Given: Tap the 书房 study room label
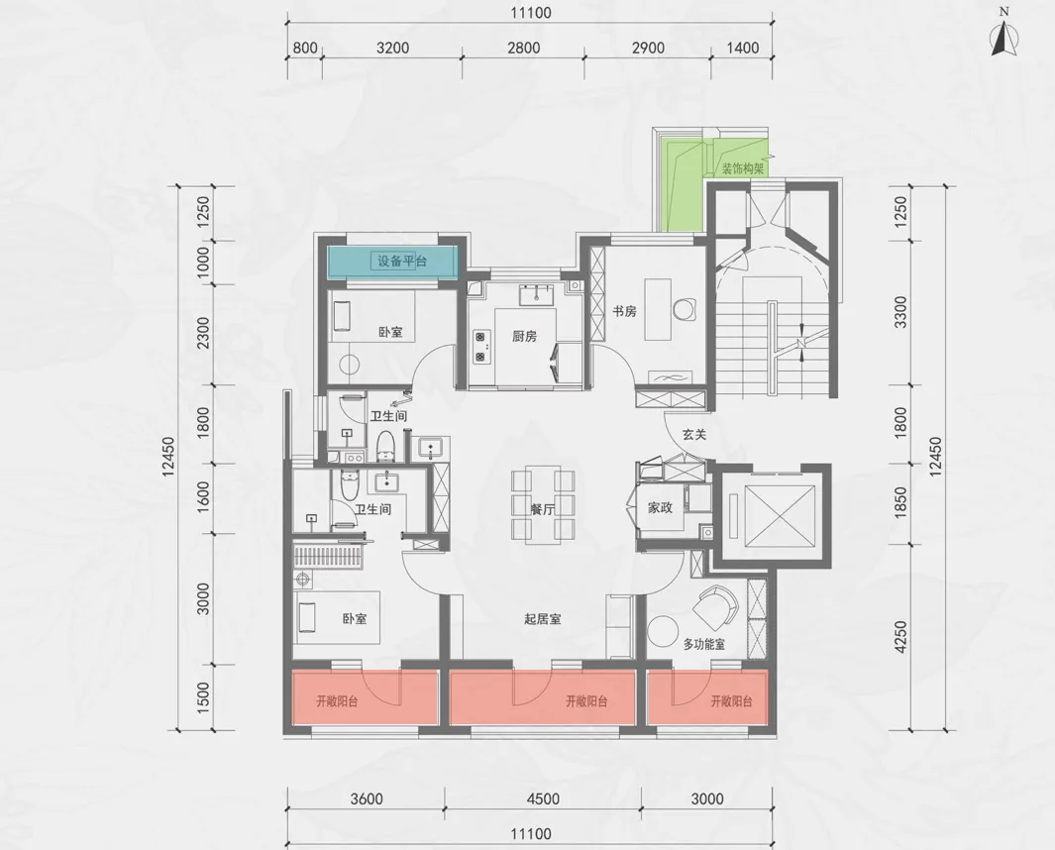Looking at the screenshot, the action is pos(624,312).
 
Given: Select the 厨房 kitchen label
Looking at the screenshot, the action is pos(524,336).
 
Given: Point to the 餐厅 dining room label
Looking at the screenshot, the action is pos(542,509).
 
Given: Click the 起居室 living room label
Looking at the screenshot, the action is pos(543,619).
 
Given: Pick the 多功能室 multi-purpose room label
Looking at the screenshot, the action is pos(703,644).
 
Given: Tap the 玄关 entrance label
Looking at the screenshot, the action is pos(694,435).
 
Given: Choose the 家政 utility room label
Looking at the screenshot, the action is pos(660,508).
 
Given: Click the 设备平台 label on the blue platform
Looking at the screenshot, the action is pos(401,262).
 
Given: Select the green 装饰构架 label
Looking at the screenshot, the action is pos(743,168).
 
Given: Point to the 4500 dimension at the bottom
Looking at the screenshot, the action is pos(543,798).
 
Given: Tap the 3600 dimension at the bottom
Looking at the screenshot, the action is pos(367,798).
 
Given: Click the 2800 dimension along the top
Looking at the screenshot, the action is pos(523,48).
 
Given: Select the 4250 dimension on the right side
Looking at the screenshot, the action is pos(900,637).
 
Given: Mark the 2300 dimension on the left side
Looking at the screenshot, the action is pos(203,333).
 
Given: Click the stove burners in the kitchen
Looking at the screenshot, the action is pos(481,346).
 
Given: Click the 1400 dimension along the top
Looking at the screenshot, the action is pos(743,48).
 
